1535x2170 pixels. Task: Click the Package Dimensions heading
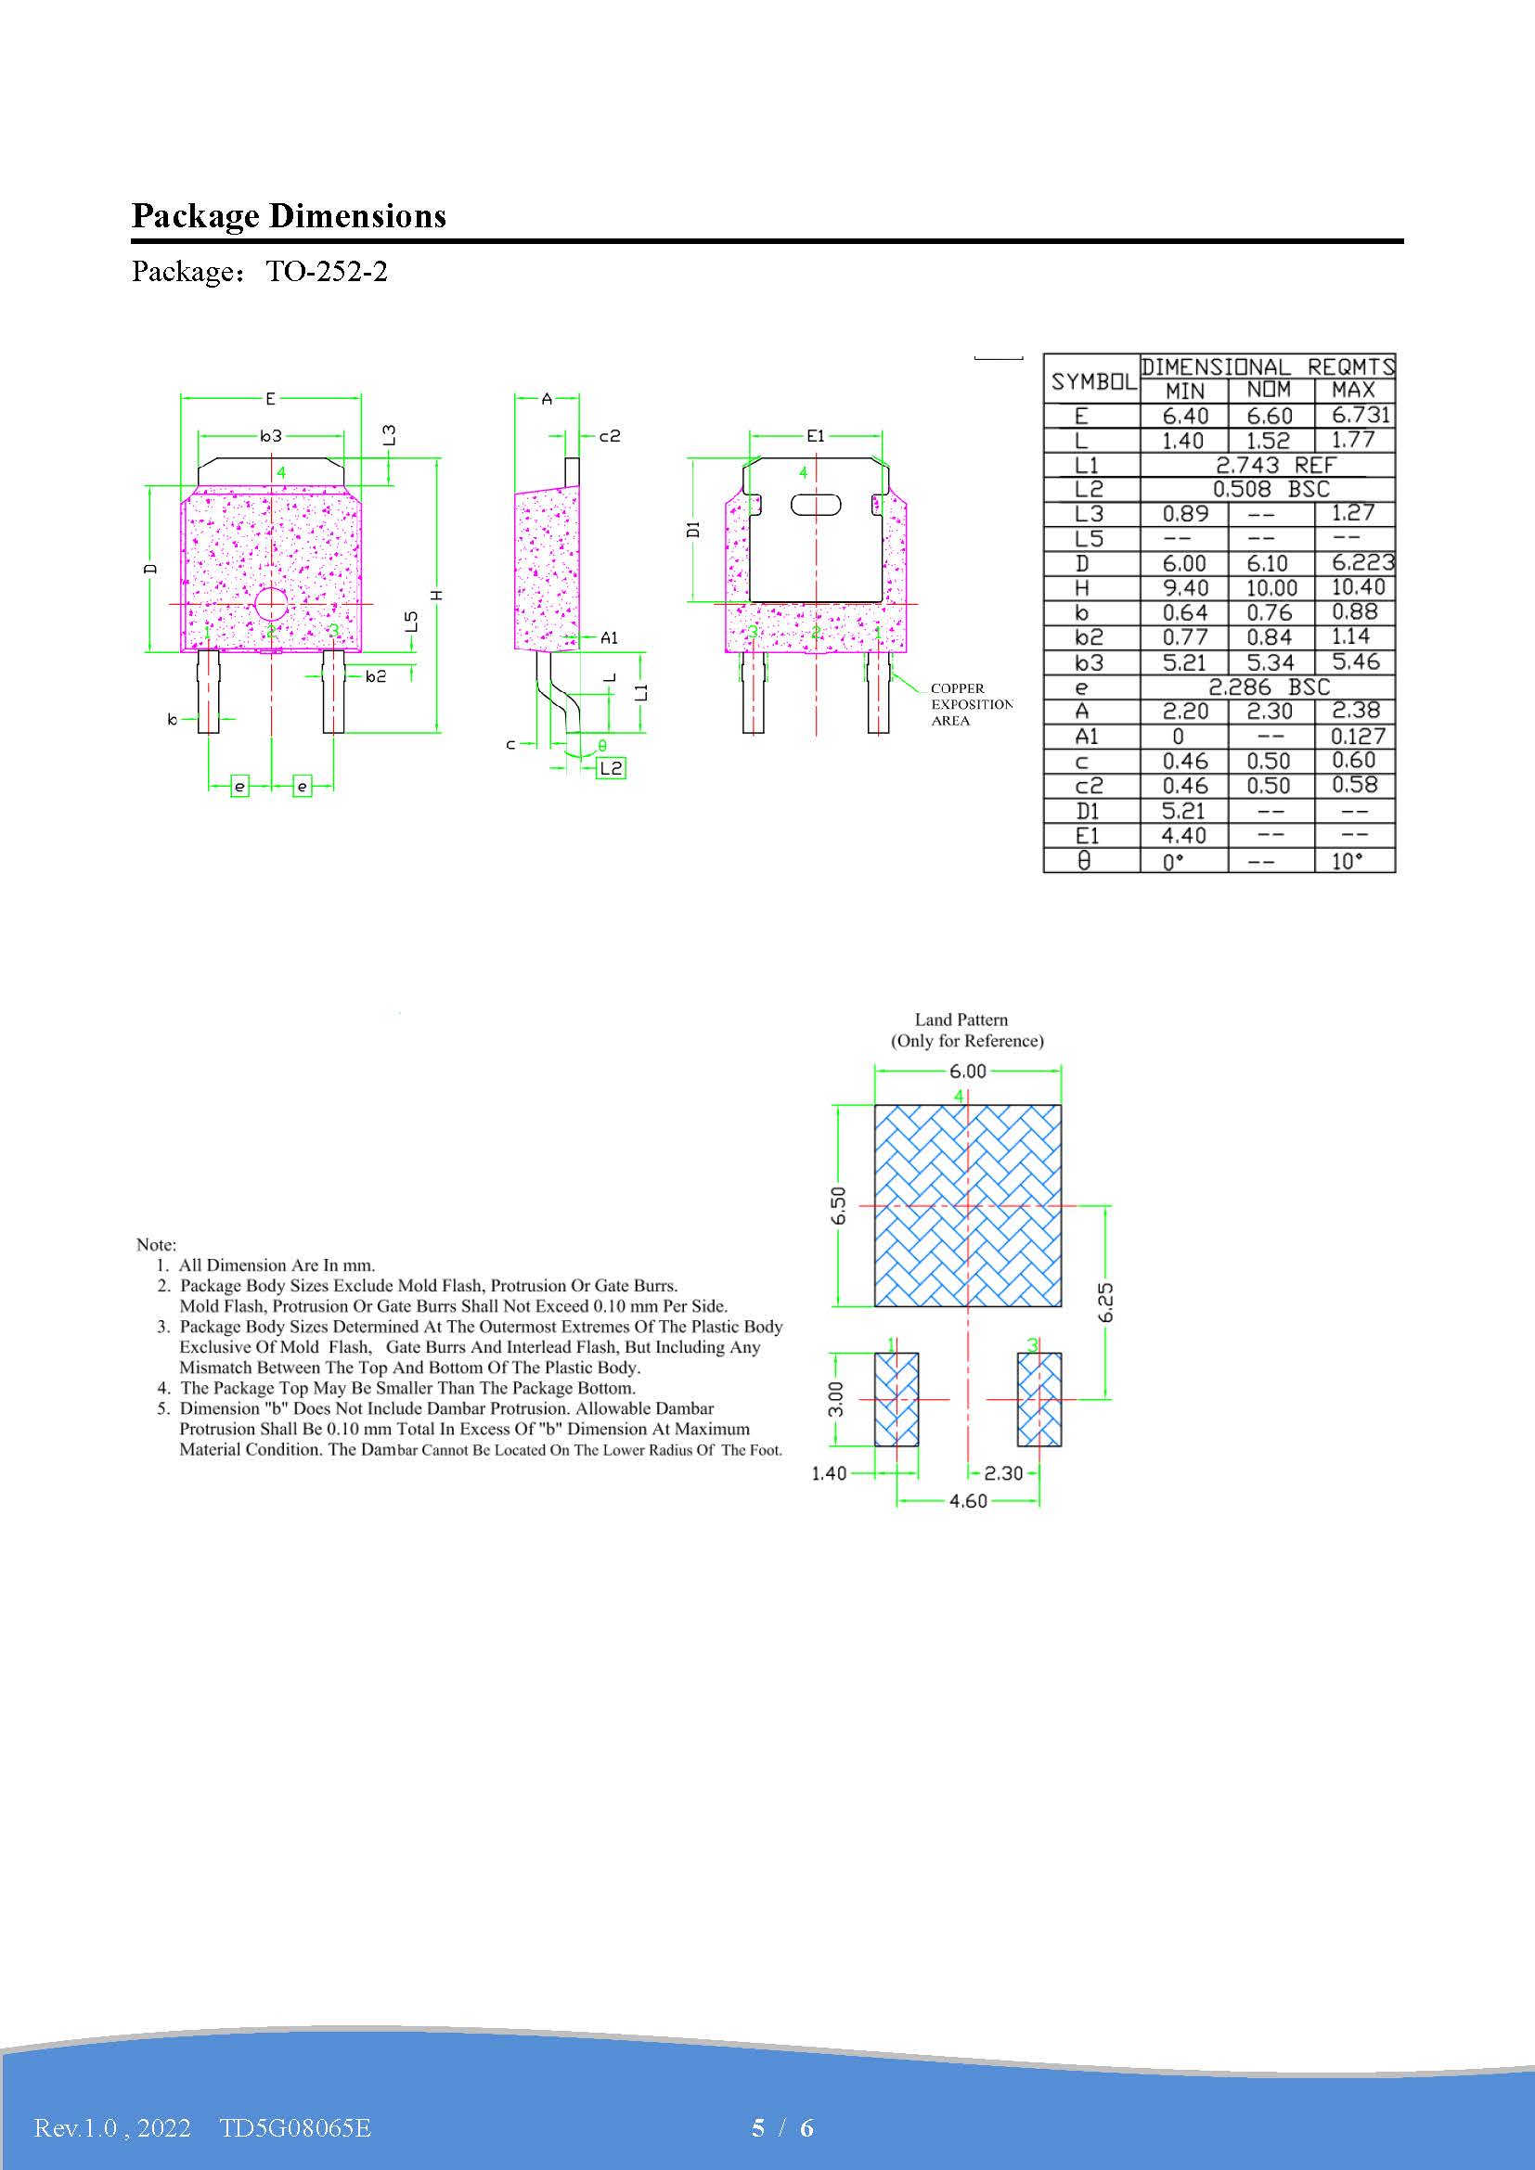click(289, 216)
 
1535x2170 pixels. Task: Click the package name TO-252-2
click(326, 272)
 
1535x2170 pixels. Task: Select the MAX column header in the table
click(1353, 391)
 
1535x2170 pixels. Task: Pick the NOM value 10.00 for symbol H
click(1271, 589)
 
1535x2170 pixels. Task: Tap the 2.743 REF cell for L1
click(1275, 465)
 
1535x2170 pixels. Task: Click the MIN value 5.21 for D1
click(1183, 811)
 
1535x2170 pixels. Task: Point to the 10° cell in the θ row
click(1347, 861)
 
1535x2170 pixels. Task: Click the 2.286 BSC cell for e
click(1269, 687)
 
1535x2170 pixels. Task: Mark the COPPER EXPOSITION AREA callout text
click(971, 704)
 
